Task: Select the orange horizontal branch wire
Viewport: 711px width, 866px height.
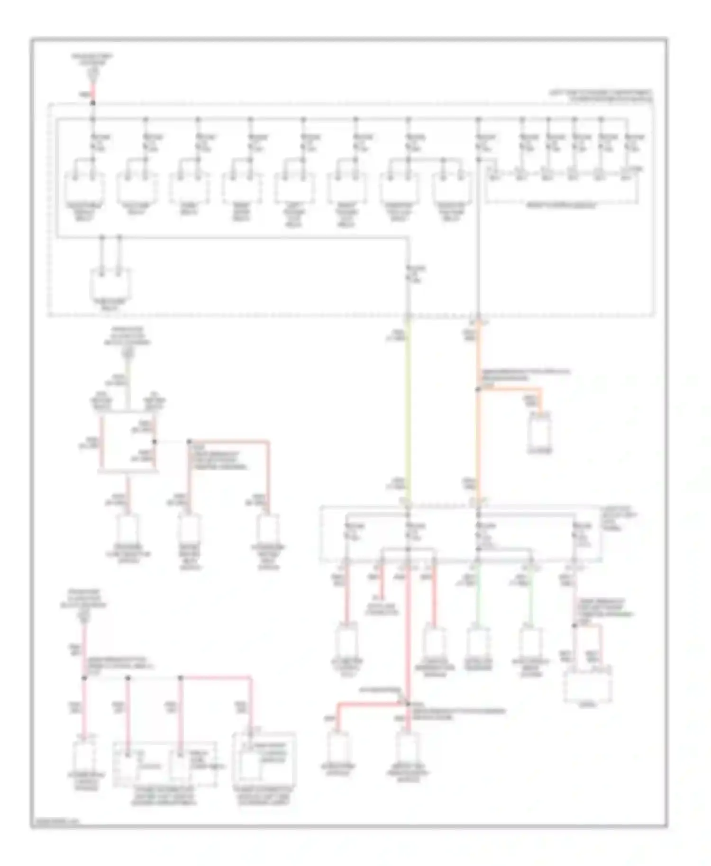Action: [x=510, y=390]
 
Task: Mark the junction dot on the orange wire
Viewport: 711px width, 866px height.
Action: [x=478, y=389]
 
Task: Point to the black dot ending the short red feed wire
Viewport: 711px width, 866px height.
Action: [x=93, y=103]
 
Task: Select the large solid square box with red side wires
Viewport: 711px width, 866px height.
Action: [x=128, y=444]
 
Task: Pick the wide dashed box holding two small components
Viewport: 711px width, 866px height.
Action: [x=165, y=765]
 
